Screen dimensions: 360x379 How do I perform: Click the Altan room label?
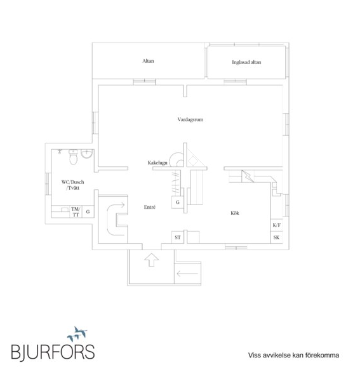pos(148,61)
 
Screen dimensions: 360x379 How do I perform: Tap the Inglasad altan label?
pos(246,62)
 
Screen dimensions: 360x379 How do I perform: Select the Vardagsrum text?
pos(190,119)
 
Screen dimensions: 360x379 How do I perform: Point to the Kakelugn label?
pos(157,163)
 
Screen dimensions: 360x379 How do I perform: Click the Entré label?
pos(150,207)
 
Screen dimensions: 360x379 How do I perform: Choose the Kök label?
pos(235,213)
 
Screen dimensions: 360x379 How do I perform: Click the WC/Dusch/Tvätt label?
pos(72,185)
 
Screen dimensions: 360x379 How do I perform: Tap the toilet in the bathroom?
pos(73,157)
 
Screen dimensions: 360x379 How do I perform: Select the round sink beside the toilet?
pos(86,154)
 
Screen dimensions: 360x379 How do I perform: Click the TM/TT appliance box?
pos(76,212)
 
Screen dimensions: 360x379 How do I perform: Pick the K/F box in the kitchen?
pos(276,225)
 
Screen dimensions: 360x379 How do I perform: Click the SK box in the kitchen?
pos(276,237)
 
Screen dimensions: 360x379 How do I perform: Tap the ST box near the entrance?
pos(178,237)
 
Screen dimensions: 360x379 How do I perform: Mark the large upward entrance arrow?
pos(152,260)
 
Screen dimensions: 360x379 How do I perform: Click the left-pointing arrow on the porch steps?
pos(187,274)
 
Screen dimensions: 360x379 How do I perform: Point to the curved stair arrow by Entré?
pos(107,218)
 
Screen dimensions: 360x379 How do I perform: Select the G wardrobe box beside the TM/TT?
pos(88,212)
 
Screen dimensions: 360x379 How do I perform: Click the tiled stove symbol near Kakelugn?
pos(177,160)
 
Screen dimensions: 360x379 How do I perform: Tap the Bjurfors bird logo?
pos(77,334)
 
